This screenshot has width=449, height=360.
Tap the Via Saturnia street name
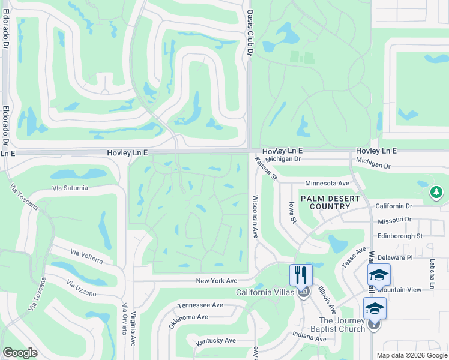(70, 188)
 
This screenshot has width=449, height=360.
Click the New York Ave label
(217, 281)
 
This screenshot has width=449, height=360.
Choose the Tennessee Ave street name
(200, 305)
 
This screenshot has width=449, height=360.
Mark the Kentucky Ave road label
(216, 341)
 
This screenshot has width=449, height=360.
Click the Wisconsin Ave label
(255, 216)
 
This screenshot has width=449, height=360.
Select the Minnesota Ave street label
(327, 183)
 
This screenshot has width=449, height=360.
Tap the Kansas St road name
(265, 169)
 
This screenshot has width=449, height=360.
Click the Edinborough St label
(400, 236)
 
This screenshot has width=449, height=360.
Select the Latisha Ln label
(432, 274)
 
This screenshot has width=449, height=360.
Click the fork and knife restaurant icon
(301, 275)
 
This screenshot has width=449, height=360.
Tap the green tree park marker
(436, 193)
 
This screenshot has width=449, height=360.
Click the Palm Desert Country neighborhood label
(330, 202)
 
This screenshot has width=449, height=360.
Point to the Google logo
(20, 353)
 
